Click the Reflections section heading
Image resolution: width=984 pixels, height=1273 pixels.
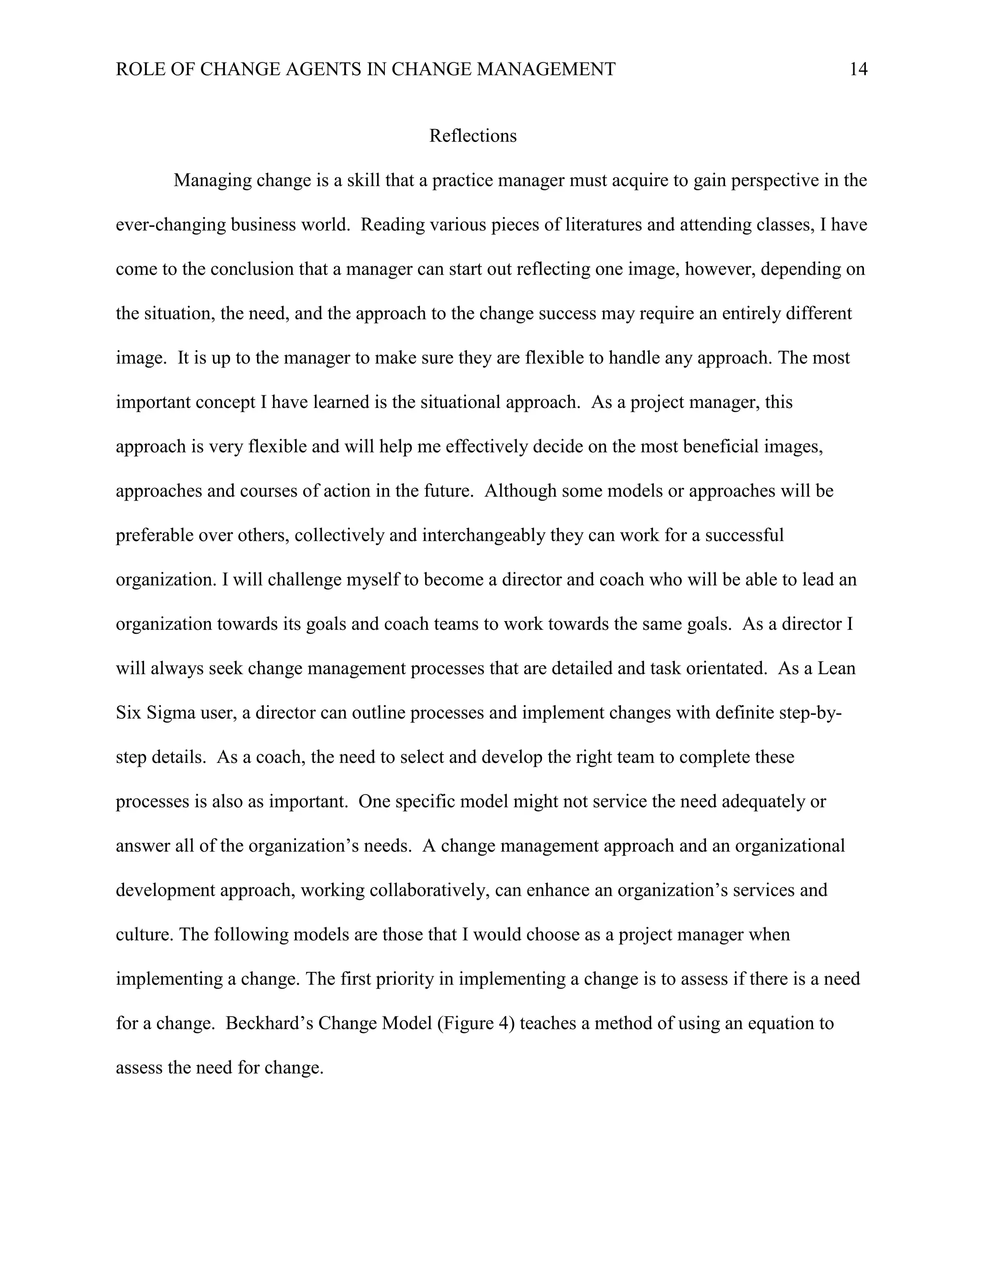pyautogui.click(x=473, y=136)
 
